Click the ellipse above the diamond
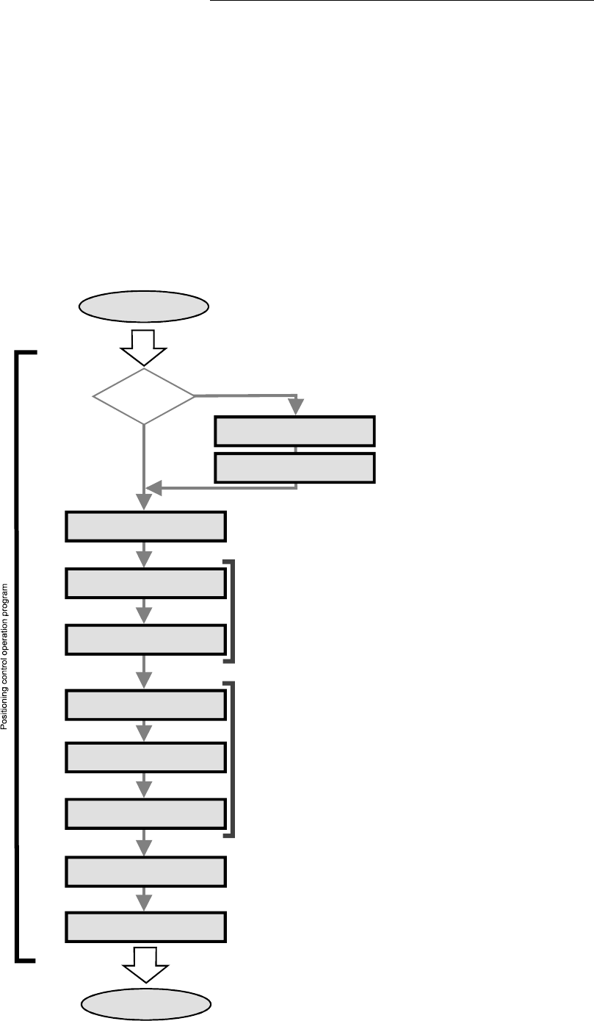tap(143, 307)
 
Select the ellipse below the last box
tap(146, 1004)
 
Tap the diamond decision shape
tap(144, 396)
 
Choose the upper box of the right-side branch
tap(294, 431)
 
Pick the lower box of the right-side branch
tap(294, 468)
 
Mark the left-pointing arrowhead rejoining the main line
tap(153, 487)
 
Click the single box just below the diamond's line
tap(145, 526)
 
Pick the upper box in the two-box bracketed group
tap(145, 583)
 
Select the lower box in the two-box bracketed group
tap(145, 639)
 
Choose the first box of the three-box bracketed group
tap(145, 705)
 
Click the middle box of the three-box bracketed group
tap(145, 757)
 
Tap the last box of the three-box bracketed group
tap(145, 813)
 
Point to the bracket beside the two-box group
tap(233, 611)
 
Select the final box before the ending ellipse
tap(145, 927)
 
